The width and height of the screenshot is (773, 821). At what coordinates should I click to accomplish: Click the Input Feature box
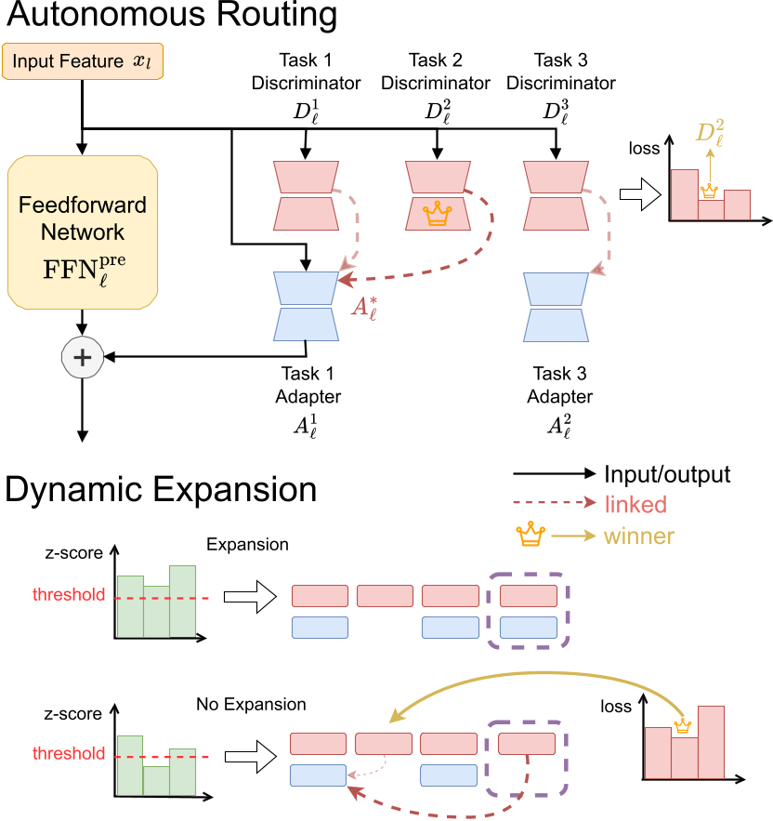(x=83, y=61)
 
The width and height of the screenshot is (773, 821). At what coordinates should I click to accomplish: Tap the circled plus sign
(x=83, y=356)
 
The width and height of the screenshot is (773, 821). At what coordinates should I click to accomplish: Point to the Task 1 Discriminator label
(x=305, y=72)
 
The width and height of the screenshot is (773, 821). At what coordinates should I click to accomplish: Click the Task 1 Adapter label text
(x=306, y=385)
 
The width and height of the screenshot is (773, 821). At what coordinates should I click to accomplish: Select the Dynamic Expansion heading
(x=162, y=490)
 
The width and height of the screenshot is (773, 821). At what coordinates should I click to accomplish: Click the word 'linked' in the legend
(x=635, y=505)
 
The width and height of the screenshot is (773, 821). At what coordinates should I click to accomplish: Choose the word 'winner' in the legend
(x=639, y=536)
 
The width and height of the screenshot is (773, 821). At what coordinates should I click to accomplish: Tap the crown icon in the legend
(x=531, y=536)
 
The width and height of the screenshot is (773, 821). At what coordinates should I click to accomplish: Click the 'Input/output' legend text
(x=667, y=474)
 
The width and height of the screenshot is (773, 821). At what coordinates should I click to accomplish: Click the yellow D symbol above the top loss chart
(x=711, y=134)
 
